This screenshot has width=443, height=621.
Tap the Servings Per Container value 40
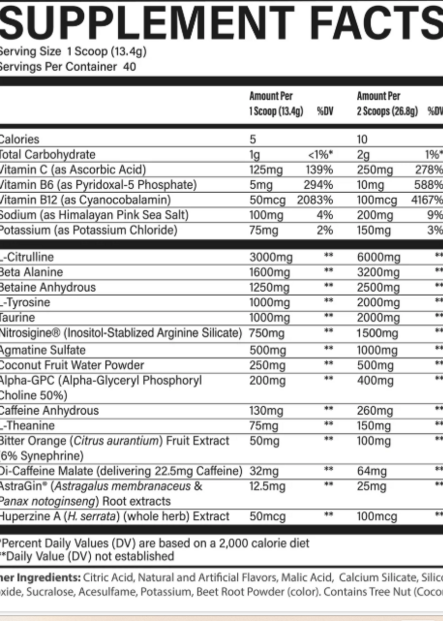pos(129,67)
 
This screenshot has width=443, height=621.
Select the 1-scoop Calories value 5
pos(253,139)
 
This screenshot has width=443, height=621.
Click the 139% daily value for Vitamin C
pos(319,170)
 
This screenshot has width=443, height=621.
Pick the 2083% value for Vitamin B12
pos(315,200)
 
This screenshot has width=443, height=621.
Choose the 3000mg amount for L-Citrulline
pos(271,257)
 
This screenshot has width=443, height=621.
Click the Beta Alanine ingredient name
pos(31,272)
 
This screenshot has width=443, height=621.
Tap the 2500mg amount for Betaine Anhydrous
pos(378,288)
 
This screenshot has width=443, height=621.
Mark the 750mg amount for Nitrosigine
pos(267,333)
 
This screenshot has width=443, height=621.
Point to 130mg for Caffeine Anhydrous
pos(266,411)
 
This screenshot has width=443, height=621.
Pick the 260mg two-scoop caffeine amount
pos(375,411)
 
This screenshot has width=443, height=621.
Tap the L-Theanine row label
pos(27,426)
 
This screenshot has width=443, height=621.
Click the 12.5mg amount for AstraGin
pos(267,486)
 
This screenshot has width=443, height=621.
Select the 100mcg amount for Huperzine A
pos(377,516)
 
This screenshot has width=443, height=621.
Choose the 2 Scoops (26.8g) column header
pos(387,111)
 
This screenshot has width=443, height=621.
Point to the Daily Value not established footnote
pos(87,556)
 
